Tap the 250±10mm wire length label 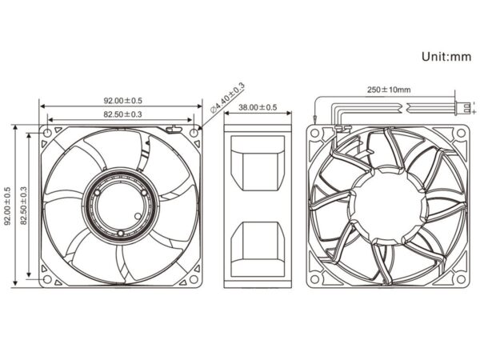coord(389,90)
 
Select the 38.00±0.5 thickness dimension coord(257,106)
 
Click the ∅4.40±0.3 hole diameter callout coord(228,98)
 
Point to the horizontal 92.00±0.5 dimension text coord(122,101)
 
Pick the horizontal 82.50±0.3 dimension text coord(122,115)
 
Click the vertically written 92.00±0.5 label coord(8,206)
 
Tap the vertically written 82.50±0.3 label coord(24,206)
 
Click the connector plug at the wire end coord(462,106)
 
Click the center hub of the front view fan coord(121,206)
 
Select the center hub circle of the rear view coord(388,205)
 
